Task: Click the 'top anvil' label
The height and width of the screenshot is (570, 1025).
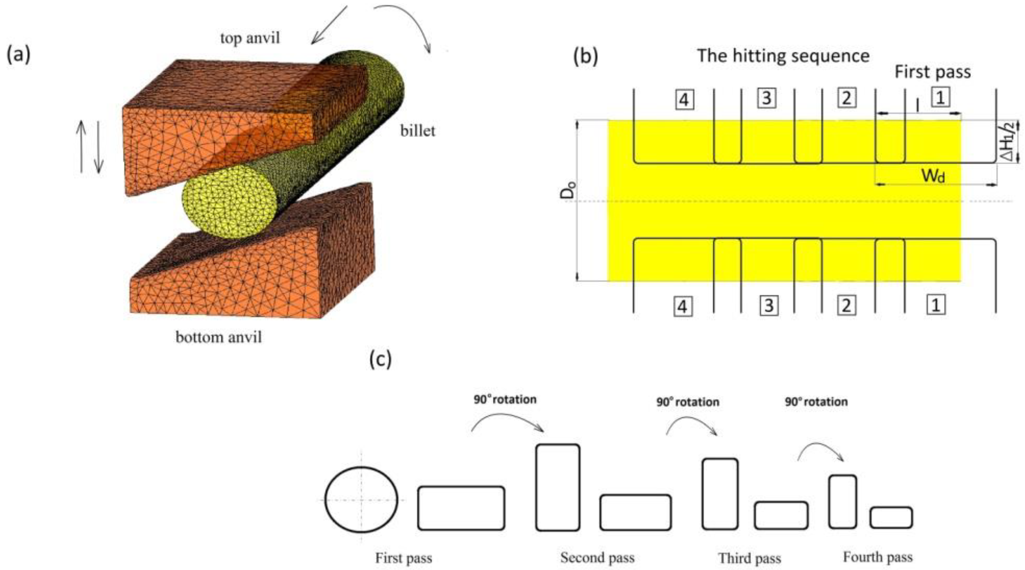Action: pyautogui.click(x=250, y=38)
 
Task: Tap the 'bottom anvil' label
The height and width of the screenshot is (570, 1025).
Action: pyautogui.click(x=219, y=337)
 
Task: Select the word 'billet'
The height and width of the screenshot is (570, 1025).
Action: pyautogui.click(x=417, y=131)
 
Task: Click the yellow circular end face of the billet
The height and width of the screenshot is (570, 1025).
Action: pyautogui.click(x=229, y=201)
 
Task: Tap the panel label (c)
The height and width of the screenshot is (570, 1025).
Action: pyautogui.click(x=381, y=359)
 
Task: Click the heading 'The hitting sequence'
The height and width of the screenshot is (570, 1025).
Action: pyautogui.click(x=783, y=55)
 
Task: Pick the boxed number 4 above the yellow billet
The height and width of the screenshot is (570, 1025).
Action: pyautogui.click(x=684, y=99)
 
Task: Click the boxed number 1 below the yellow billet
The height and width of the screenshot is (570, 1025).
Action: pyautogui.click(x=936, y=305)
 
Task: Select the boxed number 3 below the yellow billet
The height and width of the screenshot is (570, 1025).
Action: pyautogui.click(x=769, y=306)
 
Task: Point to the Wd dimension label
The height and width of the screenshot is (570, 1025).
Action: pyautogui.click(x=933, y=175)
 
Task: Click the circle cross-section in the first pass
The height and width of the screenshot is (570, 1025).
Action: pyautogui.click(x=361, y=499)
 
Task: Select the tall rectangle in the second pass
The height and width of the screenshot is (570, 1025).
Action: pyautogui.click(x=557, y=487)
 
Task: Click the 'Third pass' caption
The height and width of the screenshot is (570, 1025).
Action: pyautogui.click(x=749, y=558)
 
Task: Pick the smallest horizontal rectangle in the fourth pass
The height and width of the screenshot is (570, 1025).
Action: pyautogui.click(x=891, y=518)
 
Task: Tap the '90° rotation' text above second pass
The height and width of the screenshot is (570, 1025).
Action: pyautogui.click(x=505, y=399)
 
